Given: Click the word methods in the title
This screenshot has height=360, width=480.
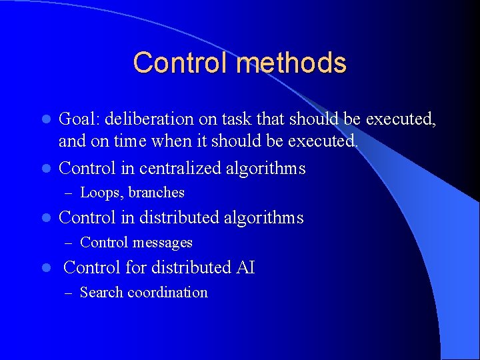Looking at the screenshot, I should coord(291,63).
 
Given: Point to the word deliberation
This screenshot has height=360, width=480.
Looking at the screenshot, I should coord(149,119).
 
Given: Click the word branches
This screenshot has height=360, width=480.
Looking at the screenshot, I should coord(157,193).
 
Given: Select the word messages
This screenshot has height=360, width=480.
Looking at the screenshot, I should coord(163,243).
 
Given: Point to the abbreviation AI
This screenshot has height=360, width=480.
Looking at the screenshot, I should coord(245,268).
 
